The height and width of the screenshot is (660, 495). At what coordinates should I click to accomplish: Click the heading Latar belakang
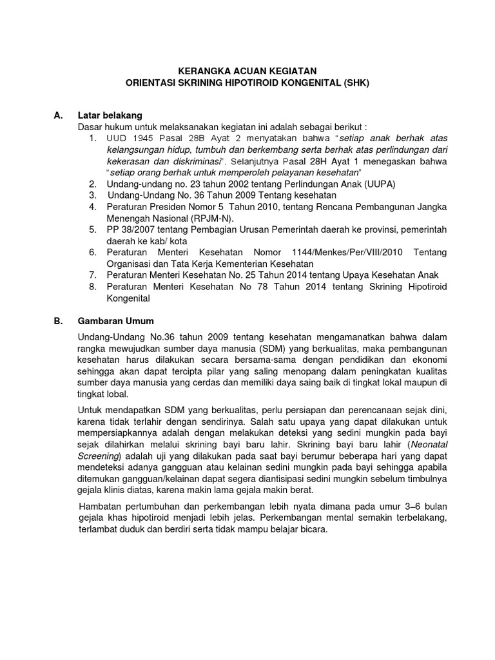click(x=106, y=115)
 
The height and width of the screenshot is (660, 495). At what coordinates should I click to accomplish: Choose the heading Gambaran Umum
click(x=116, y=320)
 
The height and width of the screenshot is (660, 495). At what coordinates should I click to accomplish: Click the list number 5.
click(x=93, y=229)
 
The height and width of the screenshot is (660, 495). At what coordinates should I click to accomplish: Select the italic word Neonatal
click(x=429, y=445)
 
